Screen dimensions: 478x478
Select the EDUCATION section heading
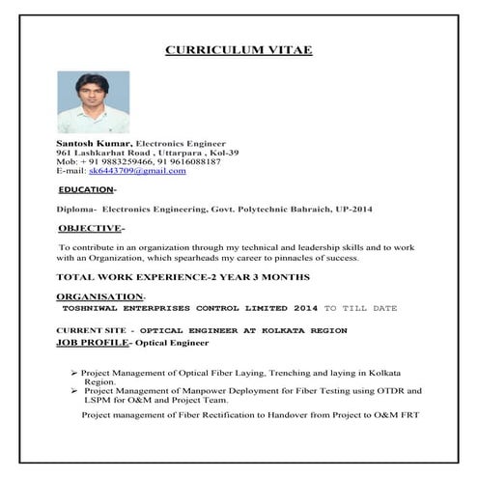[x=85, y=189]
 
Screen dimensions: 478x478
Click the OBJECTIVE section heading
[x=90, y=229]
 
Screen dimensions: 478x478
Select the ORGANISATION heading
[x=99, y=296]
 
